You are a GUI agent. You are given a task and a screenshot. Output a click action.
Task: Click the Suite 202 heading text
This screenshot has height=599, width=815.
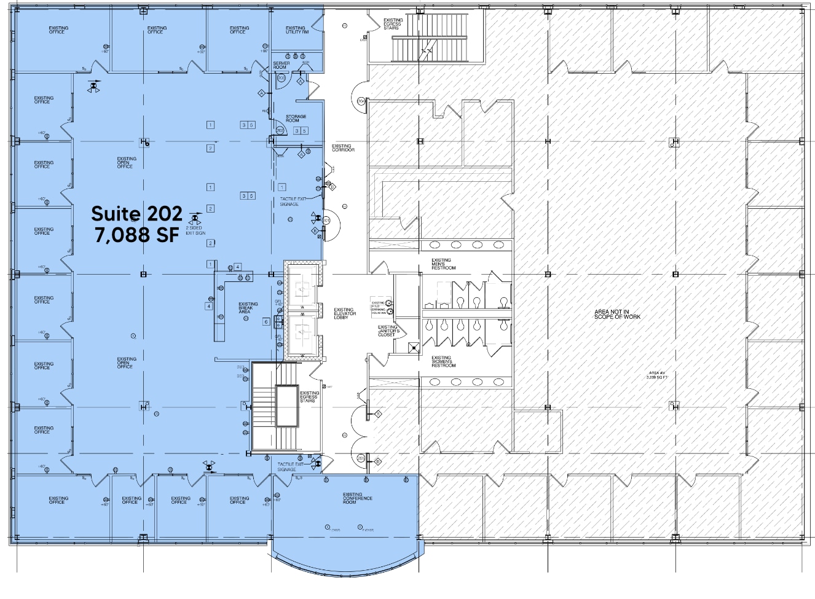coord(136,213)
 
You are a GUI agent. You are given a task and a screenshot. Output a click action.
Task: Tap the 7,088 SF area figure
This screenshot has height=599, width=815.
coord(136,235)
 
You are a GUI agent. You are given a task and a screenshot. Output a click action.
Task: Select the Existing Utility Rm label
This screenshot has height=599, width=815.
coord(297,29)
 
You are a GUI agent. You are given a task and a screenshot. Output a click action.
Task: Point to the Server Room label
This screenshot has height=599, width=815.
coord(281,65)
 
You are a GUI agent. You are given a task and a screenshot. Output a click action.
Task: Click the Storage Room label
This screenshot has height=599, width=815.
coord(296,119)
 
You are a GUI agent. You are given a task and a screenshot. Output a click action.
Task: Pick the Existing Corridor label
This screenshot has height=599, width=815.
coord(343,148)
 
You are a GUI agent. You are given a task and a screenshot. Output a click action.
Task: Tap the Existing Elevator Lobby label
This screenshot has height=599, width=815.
coord(345,313)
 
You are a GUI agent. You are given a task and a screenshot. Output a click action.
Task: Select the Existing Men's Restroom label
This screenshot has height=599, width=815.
coord(443,264)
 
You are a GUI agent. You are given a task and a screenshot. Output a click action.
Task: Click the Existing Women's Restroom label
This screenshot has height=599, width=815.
coord(443,361)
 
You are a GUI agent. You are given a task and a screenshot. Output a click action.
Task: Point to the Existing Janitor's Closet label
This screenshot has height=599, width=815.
coord(388,331)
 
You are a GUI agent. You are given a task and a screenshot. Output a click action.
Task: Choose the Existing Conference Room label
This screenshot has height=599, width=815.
coord(357,498)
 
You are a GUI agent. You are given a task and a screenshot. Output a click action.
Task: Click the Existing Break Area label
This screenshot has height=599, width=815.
coord(248,308)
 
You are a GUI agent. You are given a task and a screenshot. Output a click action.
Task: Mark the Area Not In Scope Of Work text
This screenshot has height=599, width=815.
coord(617,315)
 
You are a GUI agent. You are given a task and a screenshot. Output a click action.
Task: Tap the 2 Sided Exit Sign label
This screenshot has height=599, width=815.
coord(195,230)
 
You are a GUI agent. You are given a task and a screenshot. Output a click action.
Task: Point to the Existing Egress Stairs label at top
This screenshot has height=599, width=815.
coord(393,24)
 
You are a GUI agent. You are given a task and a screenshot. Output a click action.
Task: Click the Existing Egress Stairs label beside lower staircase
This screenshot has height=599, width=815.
coord(309,397)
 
